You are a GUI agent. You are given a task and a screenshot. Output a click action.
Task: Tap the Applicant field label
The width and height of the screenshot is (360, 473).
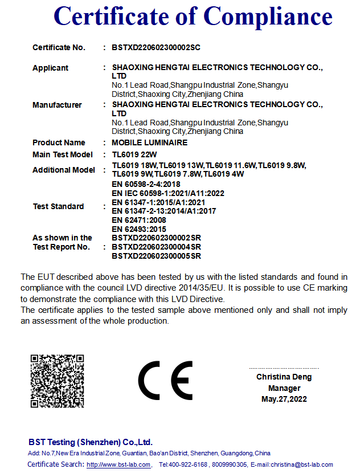pos(50,68)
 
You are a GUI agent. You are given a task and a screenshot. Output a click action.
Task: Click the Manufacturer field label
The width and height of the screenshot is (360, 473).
pos(57,105)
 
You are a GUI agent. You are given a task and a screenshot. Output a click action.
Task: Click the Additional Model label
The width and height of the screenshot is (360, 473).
pos(64,170)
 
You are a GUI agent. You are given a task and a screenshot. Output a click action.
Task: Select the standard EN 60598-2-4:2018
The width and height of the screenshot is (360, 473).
pos(146,184)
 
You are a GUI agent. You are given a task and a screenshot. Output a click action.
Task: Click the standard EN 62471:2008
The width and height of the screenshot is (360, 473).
pos(138,220)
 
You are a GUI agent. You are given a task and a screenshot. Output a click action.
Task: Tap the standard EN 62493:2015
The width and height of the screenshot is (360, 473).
pos(138,229)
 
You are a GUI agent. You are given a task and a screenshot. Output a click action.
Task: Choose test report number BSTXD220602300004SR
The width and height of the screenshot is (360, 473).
pos(156,247)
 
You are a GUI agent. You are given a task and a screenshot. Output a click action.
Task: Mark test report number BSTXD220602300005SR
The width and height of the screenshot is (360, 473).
pos(156,256)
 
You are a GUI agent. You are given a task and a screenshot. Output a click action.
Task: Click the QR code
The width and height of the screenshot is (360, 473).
pos(57,381)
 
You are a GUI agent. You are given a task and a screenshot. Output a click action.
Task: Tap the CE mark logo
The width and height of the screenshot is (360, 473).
pos(165,381)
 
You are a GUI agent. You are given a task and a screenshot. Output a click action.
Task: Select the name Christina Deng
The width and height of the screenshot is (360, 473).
pos(284,377)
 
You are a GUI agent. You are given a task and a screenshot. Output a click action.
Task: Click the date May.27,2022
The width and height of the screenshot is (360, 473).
pos(284,399)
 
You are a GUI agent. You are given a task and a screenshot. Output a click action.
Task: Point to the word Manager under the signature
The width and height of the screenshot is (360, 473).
pos(284,388)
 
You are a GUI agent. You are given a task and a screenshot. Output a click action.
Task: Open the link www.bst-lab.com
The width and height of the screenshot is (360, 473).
pos(118,464)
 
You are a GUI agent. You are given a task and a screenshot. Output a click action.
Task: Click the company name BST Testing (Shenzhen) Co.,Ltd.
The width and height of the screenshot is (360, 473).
pos(91,442)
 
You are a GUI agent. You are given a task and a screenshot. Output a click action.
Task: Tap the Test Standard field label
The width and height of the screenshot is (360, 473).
pos(58,206)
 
